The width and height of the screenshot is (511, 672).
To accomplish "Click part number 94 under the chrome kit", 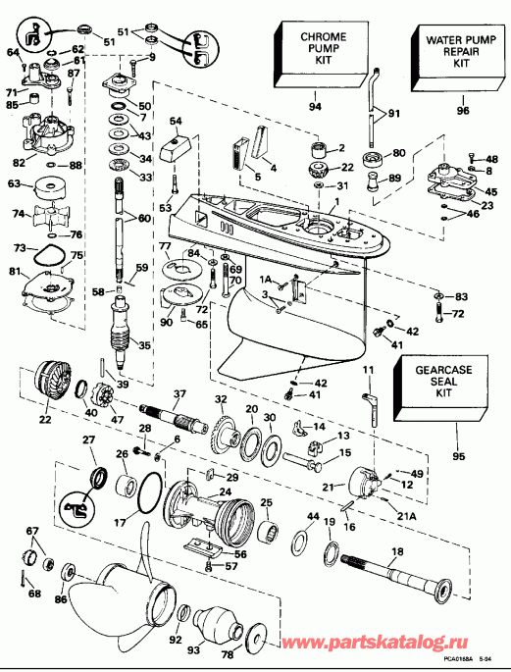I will (x=315, y=106).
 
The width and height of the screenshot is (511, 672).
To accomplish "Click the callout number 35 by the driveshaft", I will (x=144, y=345).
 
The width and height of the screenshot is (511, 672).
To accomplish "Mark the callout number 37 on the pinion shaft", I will (x=179, y=394).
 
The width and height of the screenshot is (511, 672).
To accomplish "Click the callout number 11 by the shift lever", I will (x=369, y=368).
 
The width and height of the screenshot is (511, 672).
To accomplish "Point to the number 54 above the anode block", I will (x=178, y=121).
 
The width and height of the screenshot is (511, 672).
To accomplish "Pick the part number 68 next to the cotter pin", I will (x=35, y=593).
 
